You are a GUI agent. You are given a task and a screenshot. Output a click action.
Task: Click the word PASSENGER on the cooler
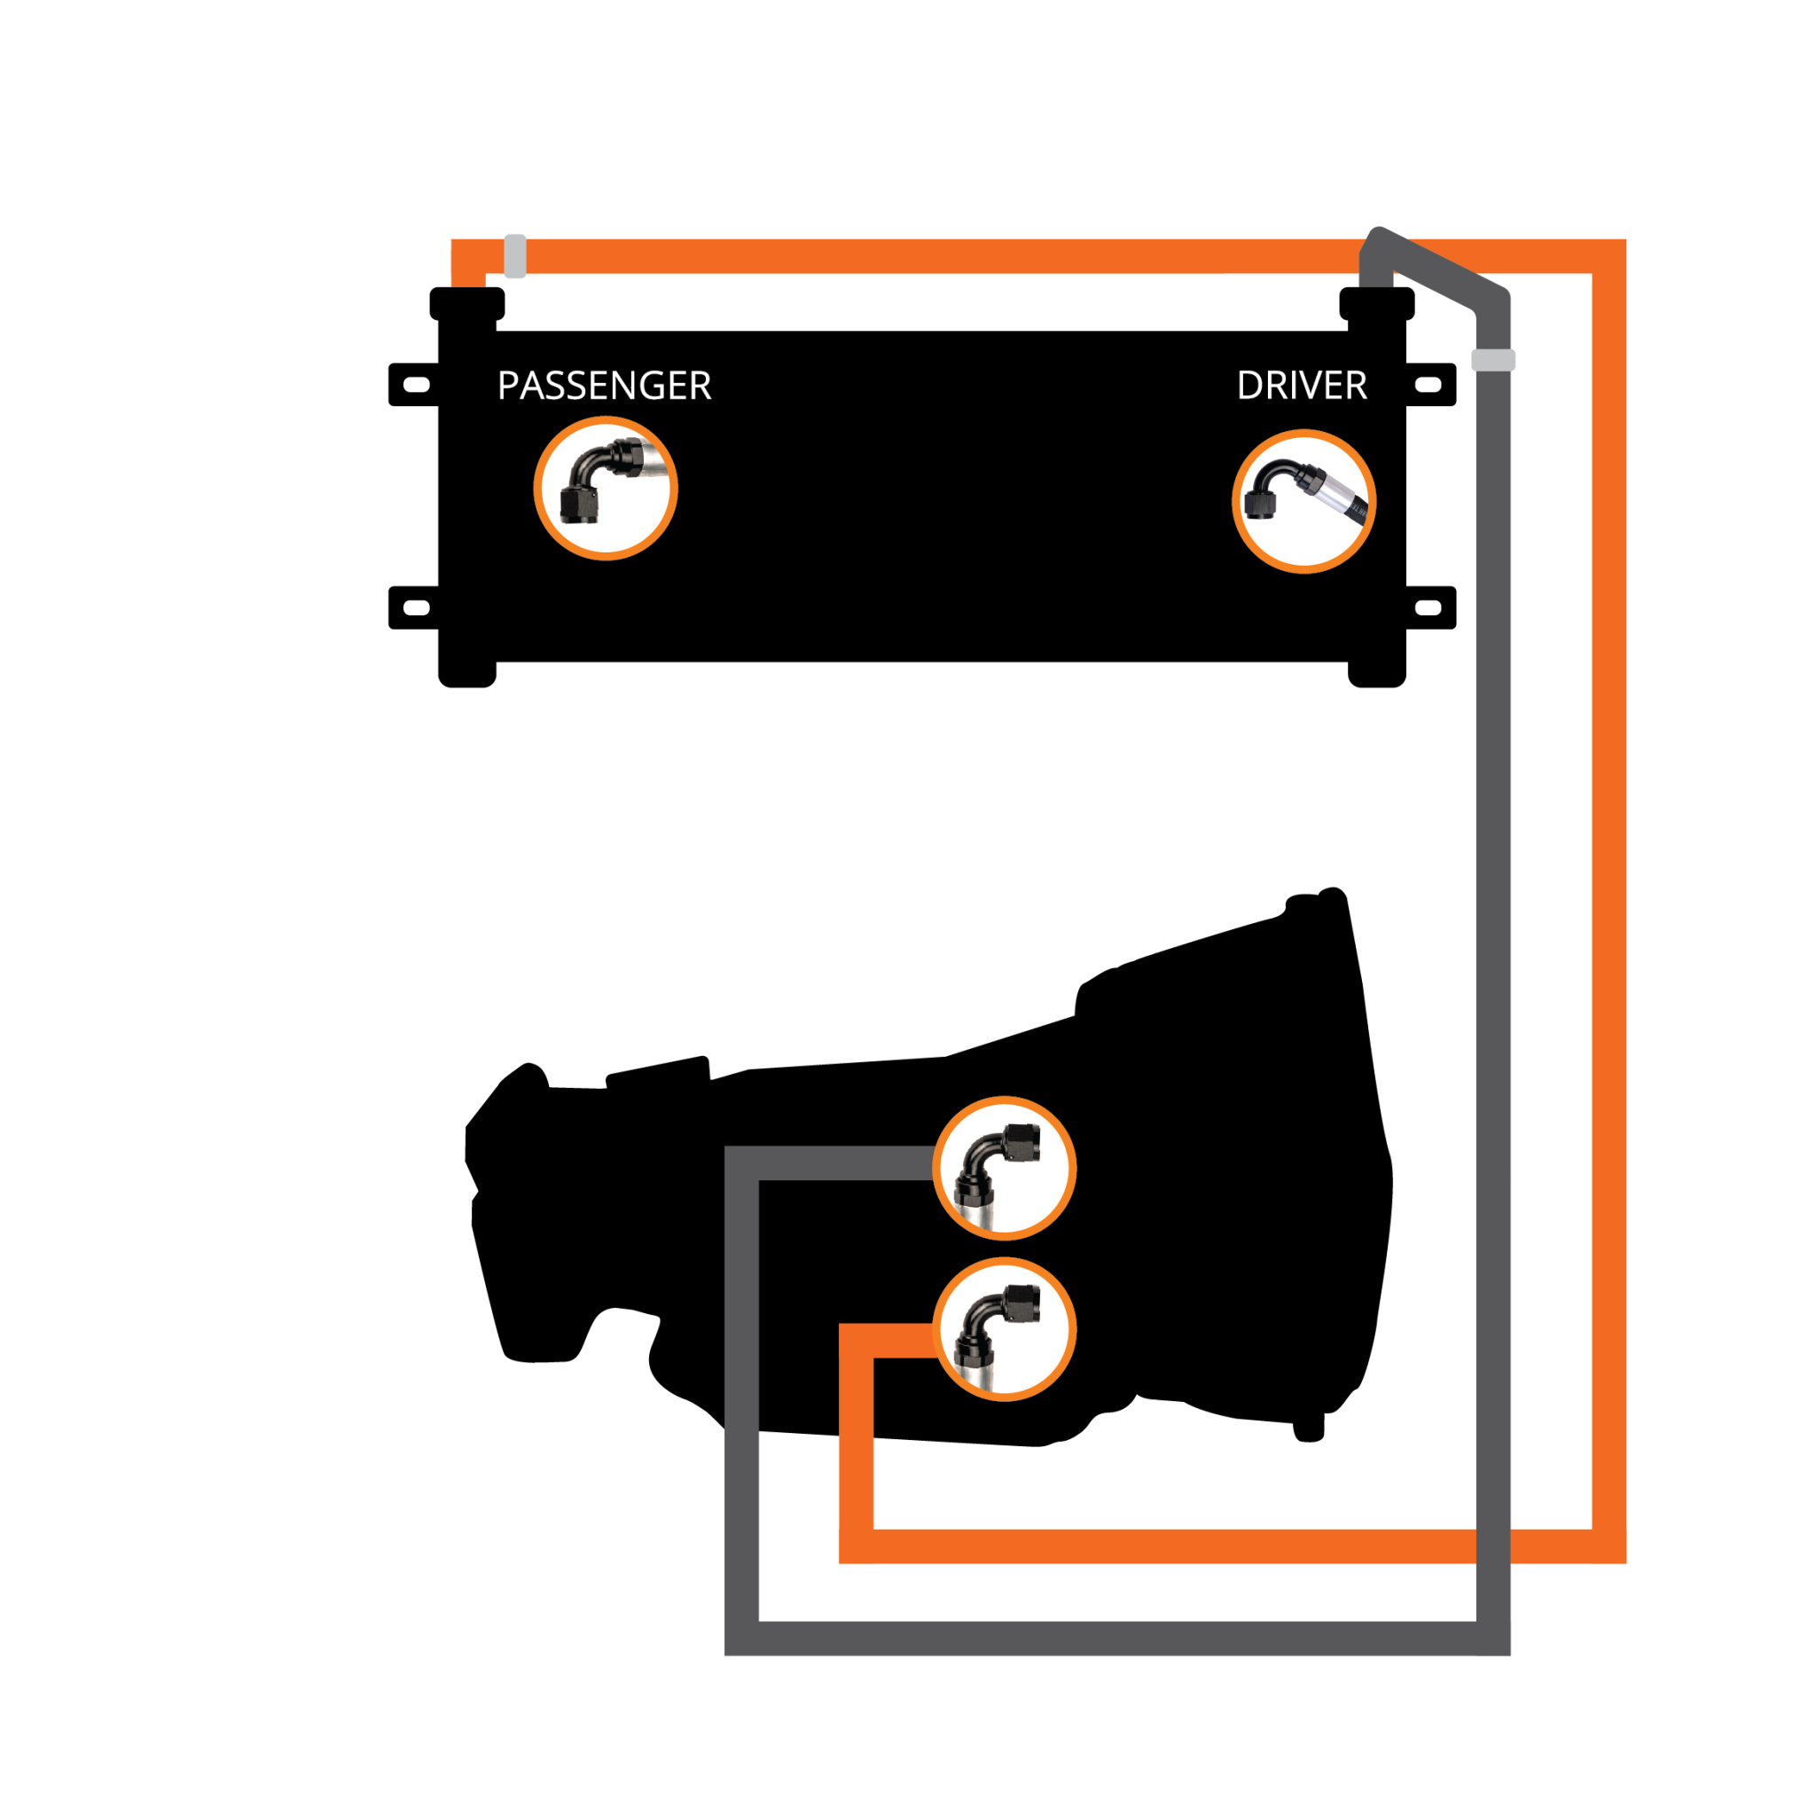[x=605, y=386]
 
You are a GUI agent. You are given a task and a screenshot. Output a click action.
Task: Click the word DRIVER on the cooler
[x=1302, y=386]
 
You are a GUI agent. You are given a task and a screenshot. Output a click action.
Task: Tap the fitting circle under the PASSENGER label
[x=606, y=488]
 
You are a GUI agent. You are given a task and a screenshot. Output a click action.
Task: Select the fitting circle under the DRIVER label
[x=1303, y=501]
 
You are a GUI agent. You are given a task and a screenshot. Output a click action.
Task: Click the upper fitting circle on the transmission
[x=1004, y=1169]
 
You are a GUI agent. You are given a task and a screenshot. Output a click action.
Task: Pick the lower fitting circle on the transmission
[x=1004, y=1329]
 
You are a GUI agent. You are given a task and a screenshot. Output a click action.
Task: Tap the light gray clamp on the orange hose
[x=515, y=255]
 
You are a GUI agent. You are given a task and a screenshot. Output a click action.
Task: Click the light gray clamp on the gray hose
[x=1492, y=359]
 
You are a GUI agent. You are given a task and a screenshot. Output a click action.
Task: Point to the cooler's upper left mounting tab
[x=413, y=385]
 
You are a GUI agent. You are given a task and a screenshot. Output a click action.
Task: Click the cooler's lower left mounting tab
[x=413, y=608]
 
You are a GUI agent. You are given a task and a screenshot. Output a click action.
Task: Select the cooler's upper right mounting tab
[x=1430, y=385]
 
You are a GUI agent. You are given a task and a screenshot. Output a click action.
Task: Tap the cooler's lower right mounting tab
[x=1430, y=608]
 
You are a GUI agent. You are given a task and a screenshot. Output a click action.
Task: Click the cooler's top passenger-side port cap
[x=467, y=303]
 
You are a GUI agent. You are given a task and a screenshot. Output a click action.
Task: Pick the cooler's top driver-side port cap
[x=1377, y=303]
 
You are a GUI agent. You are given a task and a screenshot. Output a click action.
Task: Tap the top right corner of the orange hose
[x=1609, y=256]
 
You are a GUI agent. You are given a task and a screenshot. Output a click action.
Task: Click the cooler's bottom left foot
[x=467, y=674]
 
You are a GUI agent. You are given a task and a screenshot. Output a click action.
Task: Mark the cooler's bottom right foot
[x=1377, y=674]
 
